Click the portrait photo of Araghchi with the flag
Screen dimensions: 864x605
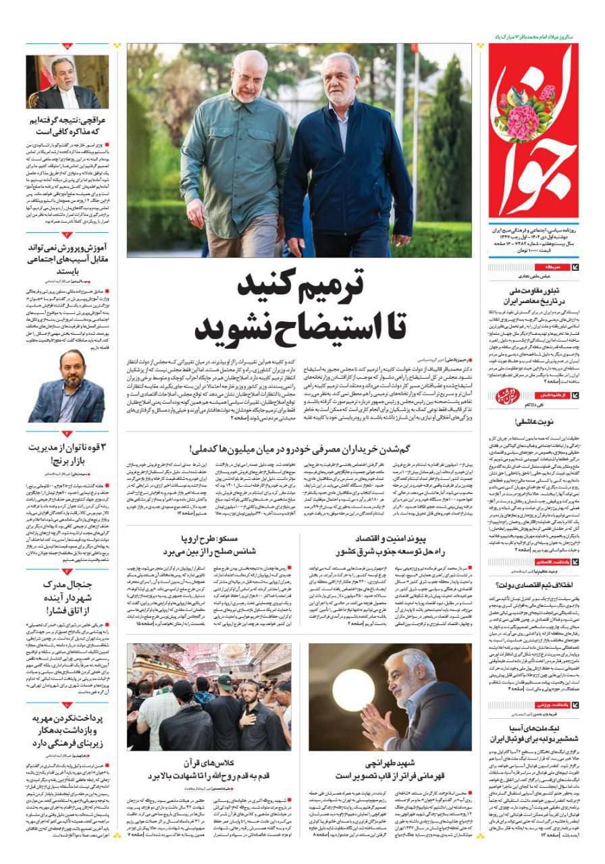click(68, 82)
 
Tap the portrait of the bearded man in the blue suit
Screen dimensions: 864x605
click(67, 387)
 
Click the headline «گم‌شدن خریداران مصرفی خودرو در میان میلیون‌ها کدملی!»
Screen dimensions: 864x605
click(298, 448)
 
